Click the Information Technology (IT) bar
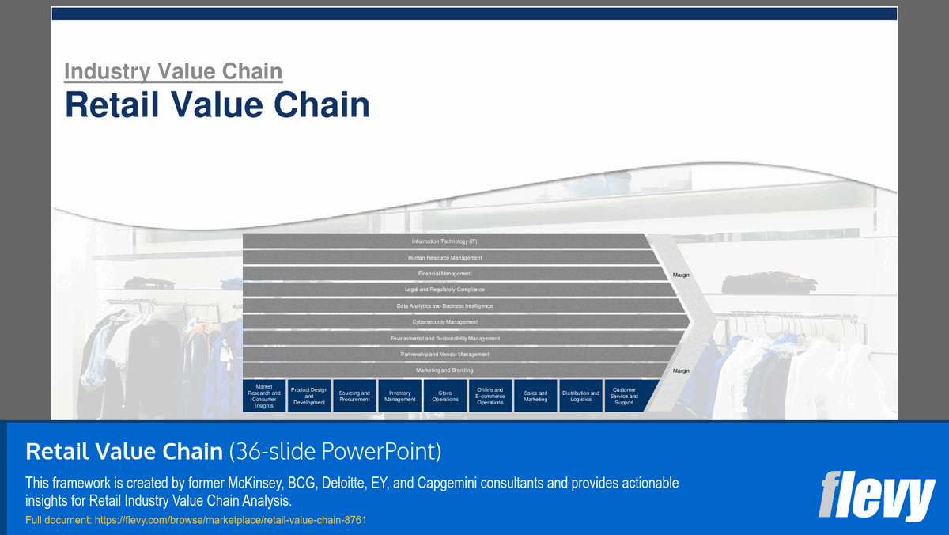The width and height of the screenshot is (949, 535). [444, 241]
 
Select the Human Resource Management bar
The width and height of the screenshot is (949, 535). [444, 257]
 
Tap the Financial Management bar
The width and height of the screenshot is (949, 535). [444, 274]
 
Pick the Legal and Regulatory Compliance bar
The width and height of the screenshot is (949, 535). [444, 290]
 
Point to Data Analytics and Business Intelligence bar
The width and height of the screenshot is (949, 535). [444, 306]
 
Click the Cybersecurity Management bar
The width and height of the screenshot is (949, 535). [444, 322]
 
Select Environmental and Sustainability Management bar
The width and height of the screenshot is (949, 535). [444, 339]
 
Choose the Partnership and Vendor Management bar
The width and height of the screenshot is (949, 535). [444, 355]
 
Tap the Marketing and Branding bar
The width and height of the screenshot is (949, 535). [444, 370]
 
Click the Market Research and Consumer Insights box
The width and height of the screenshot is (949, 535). [264, 396]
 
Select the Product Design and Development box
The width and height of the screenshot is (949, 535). [309, 396]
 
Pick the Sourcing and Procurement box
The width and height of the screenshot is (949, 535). [354, 396]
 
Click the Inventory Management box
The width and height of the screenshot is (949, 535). [400, 396]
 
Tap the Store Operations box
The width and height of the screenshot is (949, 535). [445, 396]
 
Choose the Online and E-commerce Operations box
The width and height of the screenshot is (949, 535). [490, 396]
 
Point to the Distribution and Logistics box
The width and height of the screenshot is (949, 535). [580, 396]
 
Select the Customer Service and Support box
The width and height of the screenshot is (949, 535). [624, 396]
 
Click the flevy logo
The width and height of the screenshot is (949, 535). [876, 496]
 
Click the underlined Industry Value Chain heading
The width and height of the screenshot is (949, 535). [173, 71]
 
